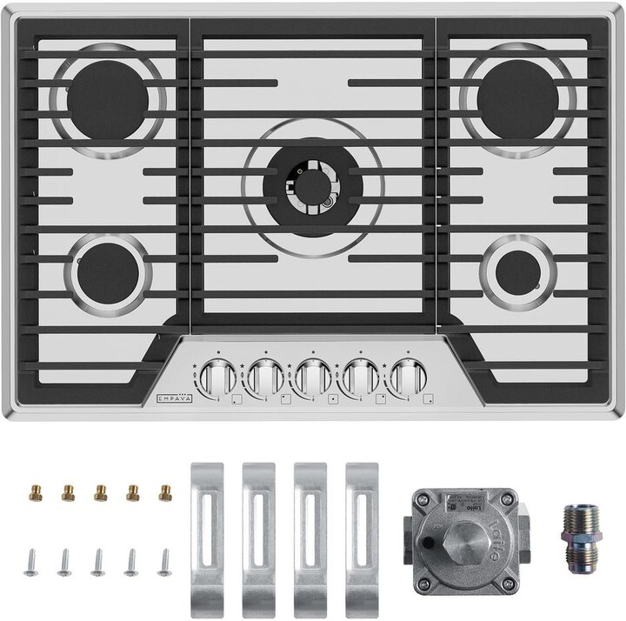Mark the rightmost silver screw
pos(163,562)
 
